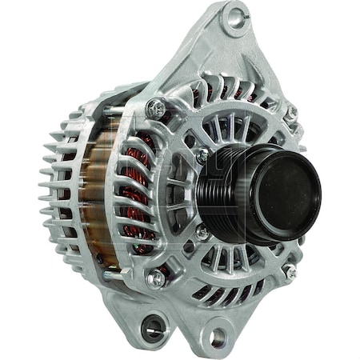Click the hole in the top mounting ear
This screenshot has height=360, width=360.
pyautogui.click(x=235, y=18)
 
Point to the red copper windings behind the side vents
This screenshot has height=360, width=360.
pyautogui.click(x=142, y=192)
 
